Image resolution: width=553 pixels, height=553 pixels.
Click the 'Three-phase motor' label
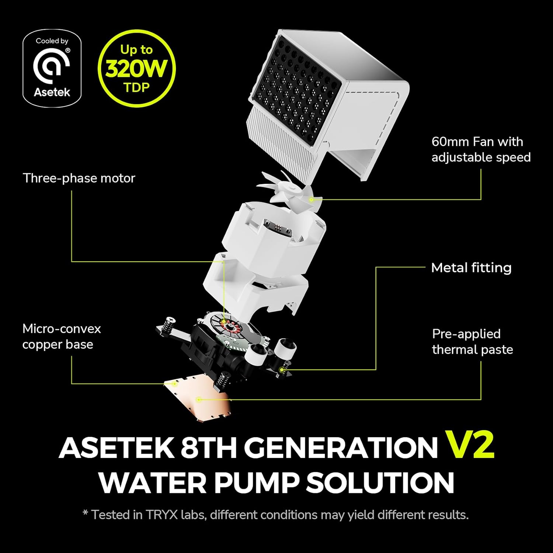[79, 178]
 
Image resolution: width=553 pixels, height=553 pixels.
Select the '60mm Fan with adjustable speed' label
[481, 149]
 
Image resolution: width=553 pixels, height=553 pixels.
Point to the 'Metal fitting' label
[471, 268]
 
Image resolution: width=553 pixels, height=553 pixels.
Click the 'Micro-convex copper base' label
[62, 336]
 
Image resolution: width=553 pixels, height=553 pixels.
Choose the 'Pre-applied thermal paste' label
[472, 341]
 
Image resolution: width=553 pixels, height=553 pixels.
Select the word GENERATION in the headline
[340, 447]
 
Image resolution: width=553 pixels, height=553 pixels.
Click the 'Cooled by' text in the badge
[52, 41]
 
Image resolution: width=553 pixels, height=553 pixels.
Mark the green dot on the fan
[312, 199]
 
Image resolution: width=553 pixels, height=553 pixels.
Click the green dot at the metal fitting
[282, 369]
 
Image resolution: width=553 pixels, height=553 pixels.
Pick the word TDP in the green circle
[136, 88]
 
